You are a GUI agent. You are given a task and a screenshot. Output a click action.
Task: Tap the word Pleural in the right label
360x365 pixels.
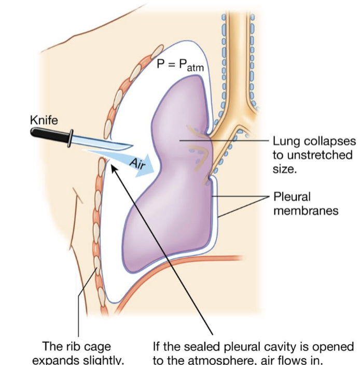pos(292,197)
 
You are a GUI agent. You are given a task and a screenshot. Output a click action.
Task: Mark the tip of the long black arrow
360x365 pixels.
pos(113,167)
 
